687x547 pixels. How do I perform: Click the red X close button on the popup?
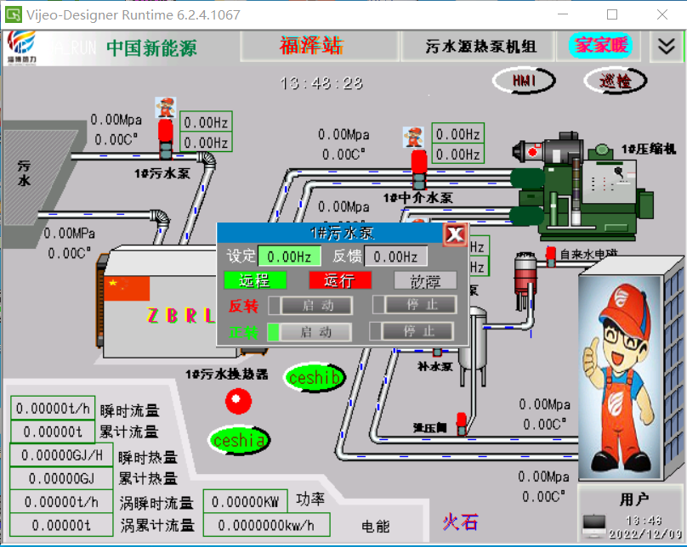coord(455,234)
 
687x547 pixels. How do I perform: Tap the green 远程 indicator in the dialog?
coord(255,280)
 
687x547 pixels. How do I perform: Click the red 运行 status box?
coord(340,280)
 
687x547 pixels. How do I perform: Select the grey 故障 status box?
coord(425,280)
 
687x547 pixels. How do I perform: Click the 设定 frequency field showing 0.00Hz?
coord(289,257)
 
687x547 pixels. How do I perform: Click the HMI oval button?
coord(523,81)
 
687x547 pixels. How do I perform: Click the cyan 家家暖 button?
coord(600,45)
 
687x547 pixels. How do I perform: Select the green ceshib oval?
coord(315,378)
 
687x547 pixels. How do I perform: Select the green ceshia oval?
coord(240,441)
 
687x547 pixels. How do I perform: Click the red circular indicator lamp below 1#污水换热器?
coord(238,399)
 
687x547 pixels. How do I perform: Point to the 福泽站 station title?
coord(311,46)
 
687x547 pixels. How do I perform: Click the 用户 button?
coord(633,499)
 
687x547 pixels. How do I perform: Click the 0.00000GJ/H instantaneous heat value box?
coord(61,455)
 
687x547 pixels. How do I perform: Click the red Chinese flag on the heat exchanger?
coord(128,289)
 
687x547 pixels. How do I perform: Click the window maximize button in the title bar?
coord(612,14)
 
